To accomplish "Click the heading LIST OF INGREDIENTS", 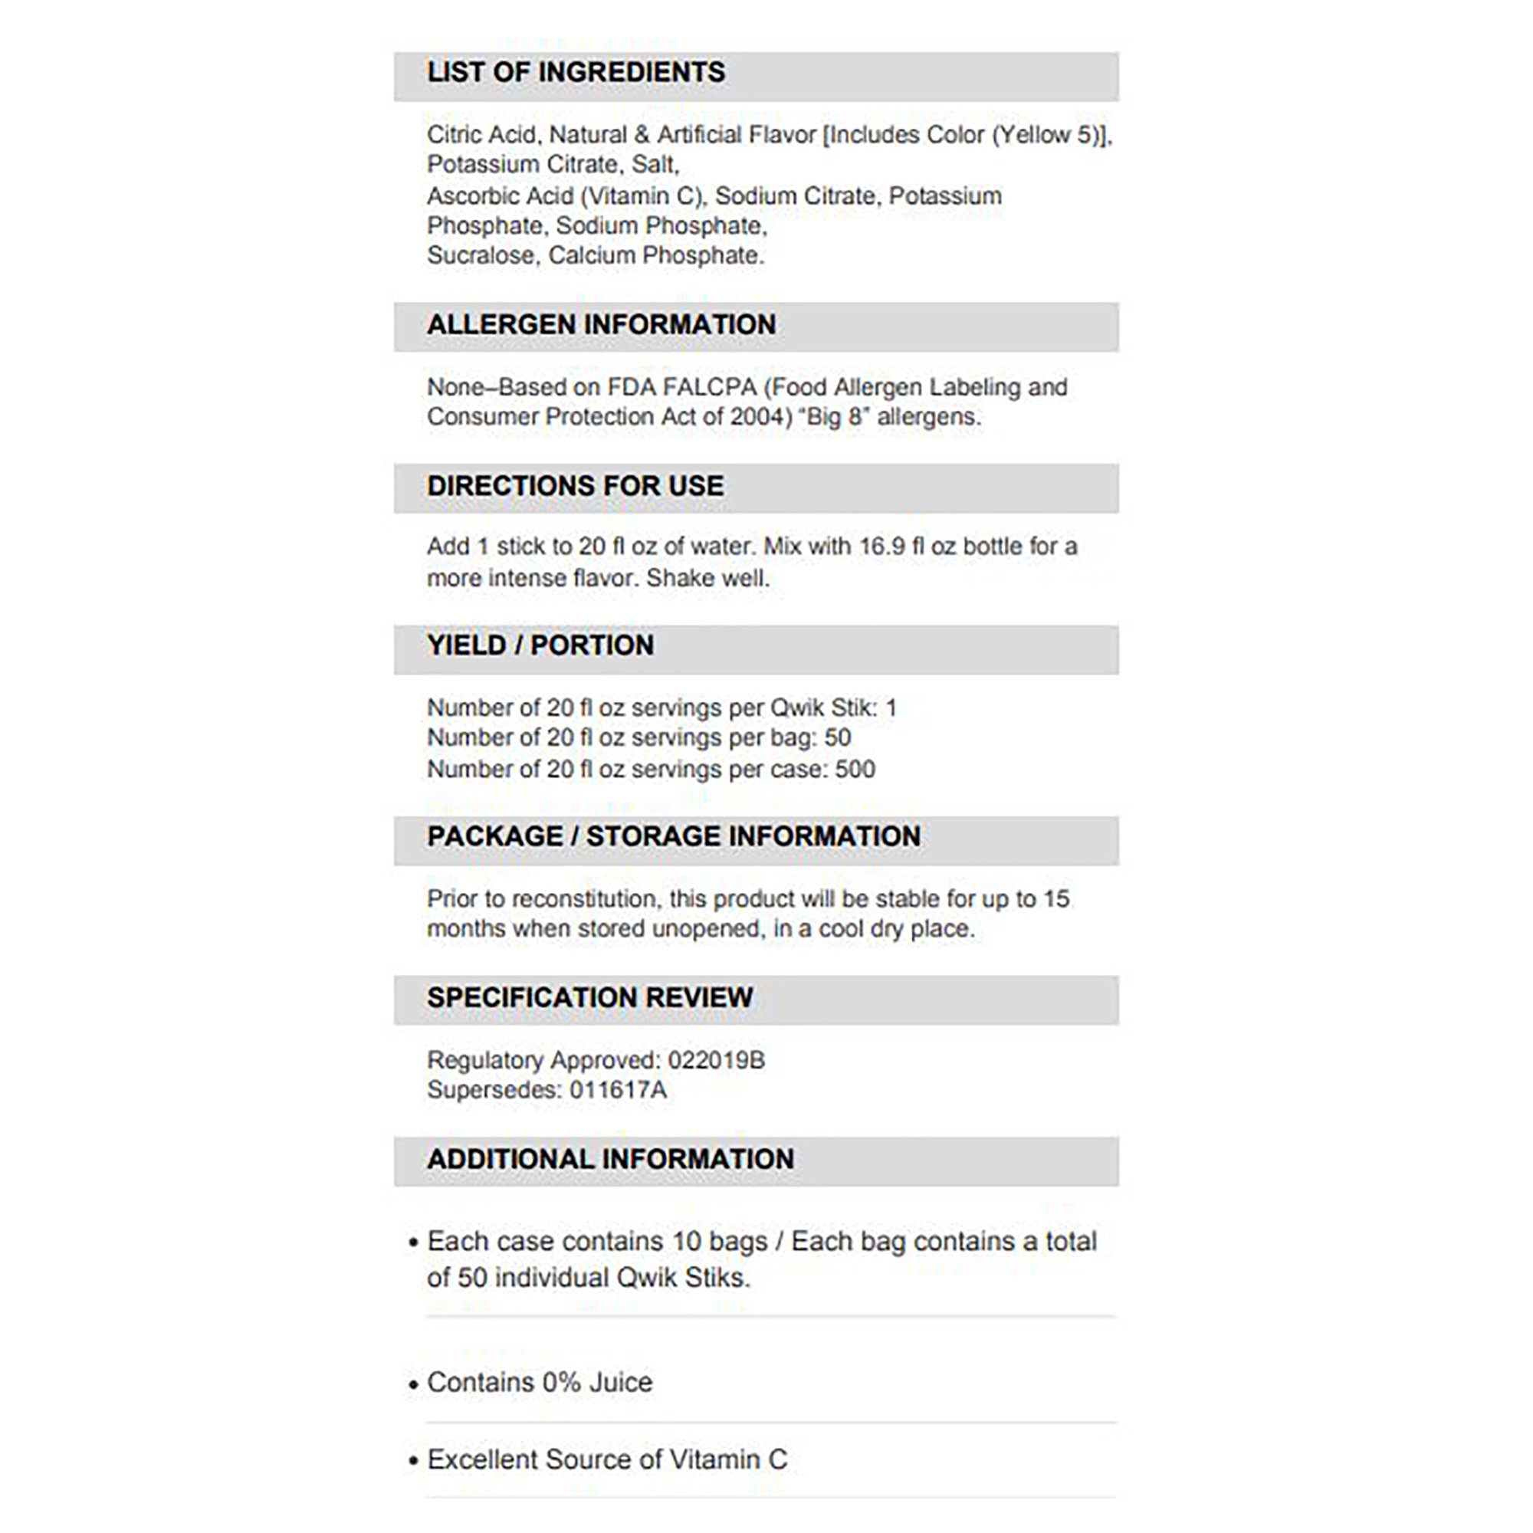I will pyautogui.click(x=576, y=72).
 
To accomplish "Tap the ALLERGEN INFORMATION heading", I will pyautogui.click(x=601, y=324).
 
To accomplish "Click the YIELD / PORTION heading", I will pyautogui.click(x=540, y=645).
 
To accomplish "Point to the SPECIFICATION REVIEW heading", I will pyautogui.click(x=589, y=997).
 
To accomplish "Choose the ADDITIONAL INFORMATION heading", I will pyautogui.click(x=609, y=1158).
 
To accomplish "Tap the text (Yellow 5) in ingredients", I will pyautogui.click(x=1046, y=135).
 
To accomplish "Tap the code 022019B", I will pyautogui.click(x=716, y=1060).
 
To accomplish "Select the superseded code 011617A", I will pyautogui.click(x=617, y=1090).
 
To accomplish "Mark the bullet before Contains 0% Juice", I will pyautogui.click(x=412, y=1384).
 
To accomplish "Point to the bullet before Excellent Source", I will pyautogui.click(x=412, y=1461).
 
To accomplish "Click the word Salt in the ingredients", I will pyautogui.click(x=654, y=164).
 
